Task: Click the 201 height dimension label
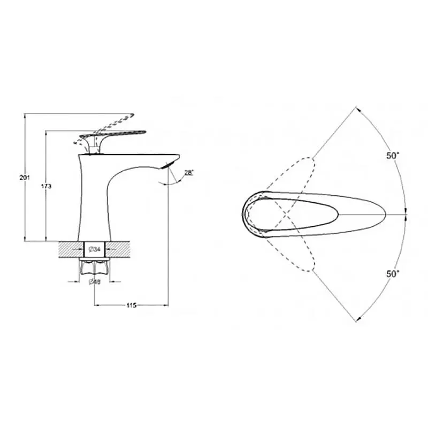point(24,178)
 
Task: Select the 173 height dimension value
point(46,186)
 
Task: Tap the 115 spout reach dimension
point(131,305)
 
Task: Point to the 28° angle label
point(189,173)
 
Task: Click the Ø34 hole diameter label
point(95,249)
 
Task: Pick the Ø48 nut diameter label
point(95,282)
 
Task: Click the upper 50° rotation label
point(393,156)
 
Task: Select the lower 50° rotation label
point(393,273)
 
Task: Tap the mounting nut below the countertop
point(95,266)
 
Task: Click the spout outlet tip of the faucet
point(167,165)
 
